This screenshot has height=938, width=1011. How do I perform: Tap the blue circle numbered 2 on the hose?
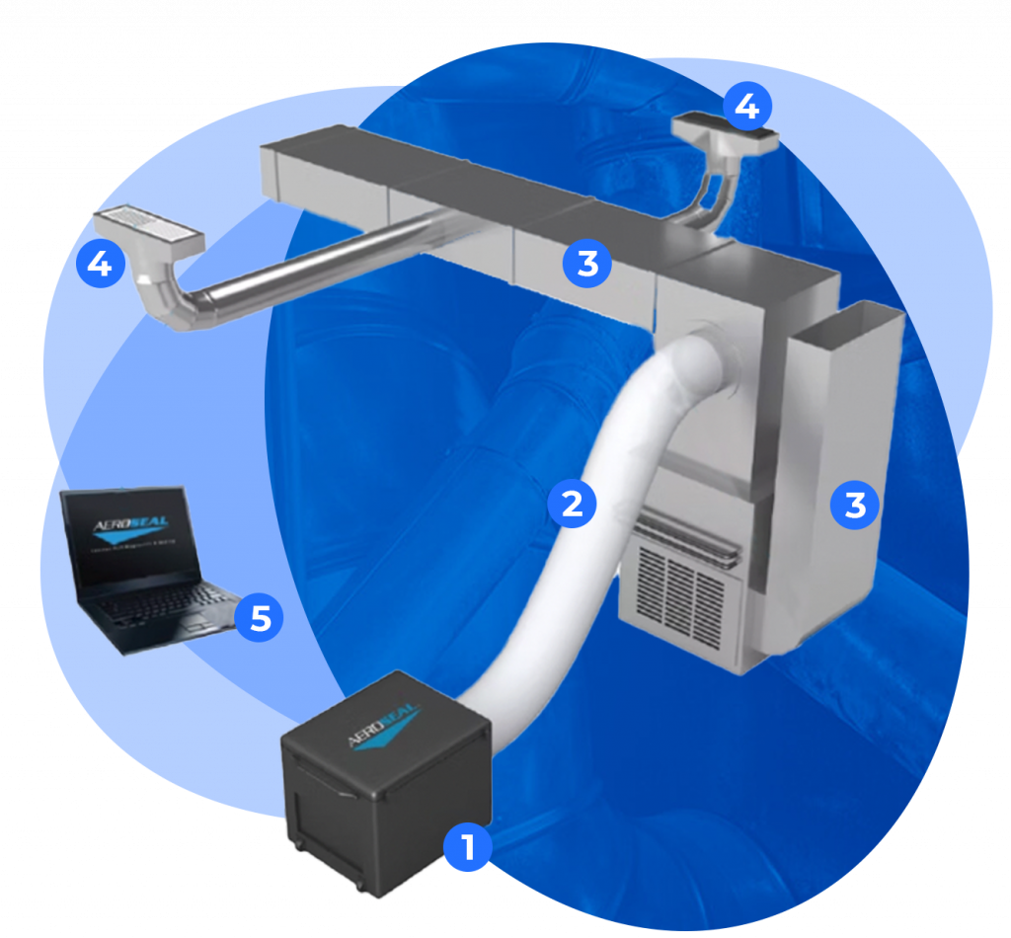tap(573, 504)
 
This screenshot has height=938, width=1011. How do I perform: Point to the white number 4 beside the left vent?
tap(99, 265)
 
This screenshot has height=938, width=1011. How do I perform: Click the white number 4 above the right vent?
tap(747, 107)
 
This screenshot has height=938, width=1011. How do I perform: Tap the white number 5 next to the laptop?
tap(260, 618)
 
